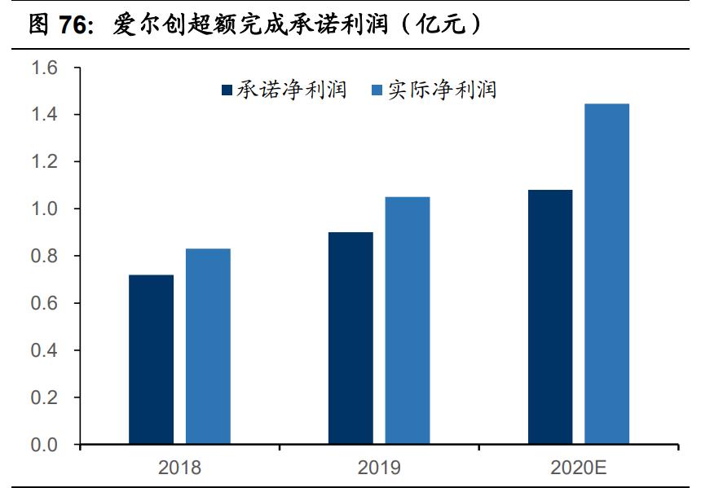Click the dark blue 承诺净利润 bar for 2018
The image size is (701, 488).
(151, 359)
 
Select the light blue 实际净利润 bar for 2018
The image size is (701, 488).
(208, 346)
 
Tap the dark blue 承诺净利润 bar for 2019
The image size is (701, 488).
(350, 338)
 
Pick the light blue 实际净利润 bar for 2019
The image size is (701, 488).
(408, 320)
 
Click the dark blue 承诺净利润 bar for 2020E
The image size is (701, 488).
(550, 317)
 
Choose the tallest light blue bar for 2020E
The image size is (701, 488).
(607, 274)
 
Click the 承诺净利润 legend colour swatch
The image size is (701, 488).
(227, 90)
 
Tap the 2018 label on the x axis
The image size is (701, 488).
(179, 468)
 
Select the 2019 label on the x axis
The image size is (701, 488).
(379, 468)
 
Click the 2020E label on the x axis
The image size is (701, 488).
(579, 468)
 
